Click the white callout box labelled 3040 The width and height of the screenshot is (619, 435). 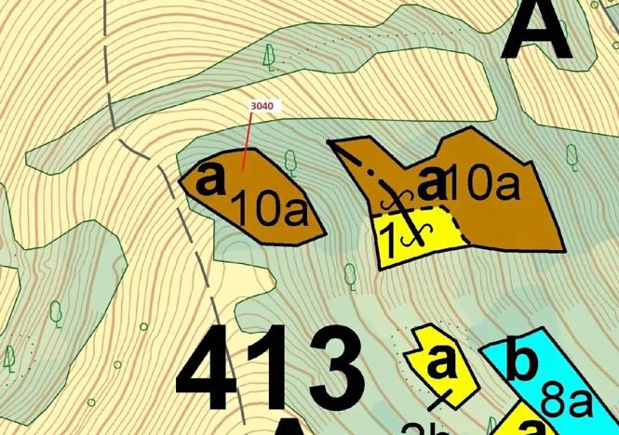click(x=262, y=107)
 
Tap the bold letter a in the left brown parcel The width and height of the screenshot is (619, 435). click(x=212, y=178)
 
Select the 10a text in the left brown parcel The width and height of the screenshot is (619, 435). click(x=268, y=210)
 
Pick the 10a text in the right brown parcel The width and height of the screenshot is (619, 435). click(x=481, y=185)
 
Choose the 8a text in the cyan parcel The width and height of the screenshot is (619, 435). click(x=566, y=404)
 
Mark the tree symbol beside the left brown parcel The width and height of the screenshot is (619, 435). click(x=290, y=163)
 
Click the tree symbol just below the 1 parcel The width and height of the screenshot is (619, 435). click(x=350, y=274)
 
